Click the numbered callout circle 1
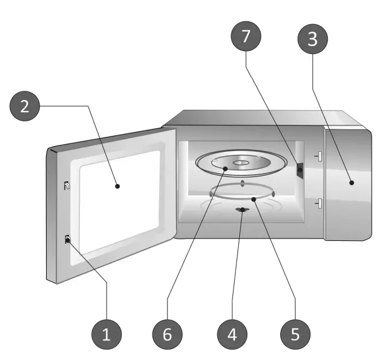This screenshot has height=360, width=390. [x=106, y=334]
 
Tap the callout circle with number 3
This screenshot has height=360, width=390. [x=311, y=39]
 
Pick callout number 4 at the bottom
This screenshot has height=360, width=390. [x=231, y=334]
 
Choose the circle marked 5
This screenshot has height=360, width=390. [x=295, y=334]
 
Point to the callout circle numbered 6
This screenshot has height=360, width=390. [x=167, y=334]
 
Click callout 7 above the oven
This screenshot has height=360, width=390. [x=246, y=36]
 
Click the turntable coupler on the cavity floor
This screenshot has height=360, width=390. [x=241, y=210]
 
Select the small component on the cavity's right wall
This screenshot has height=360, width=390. [x=300, y=170]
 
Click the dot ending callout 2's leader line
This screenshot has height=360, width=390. [x=117, y=186]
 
